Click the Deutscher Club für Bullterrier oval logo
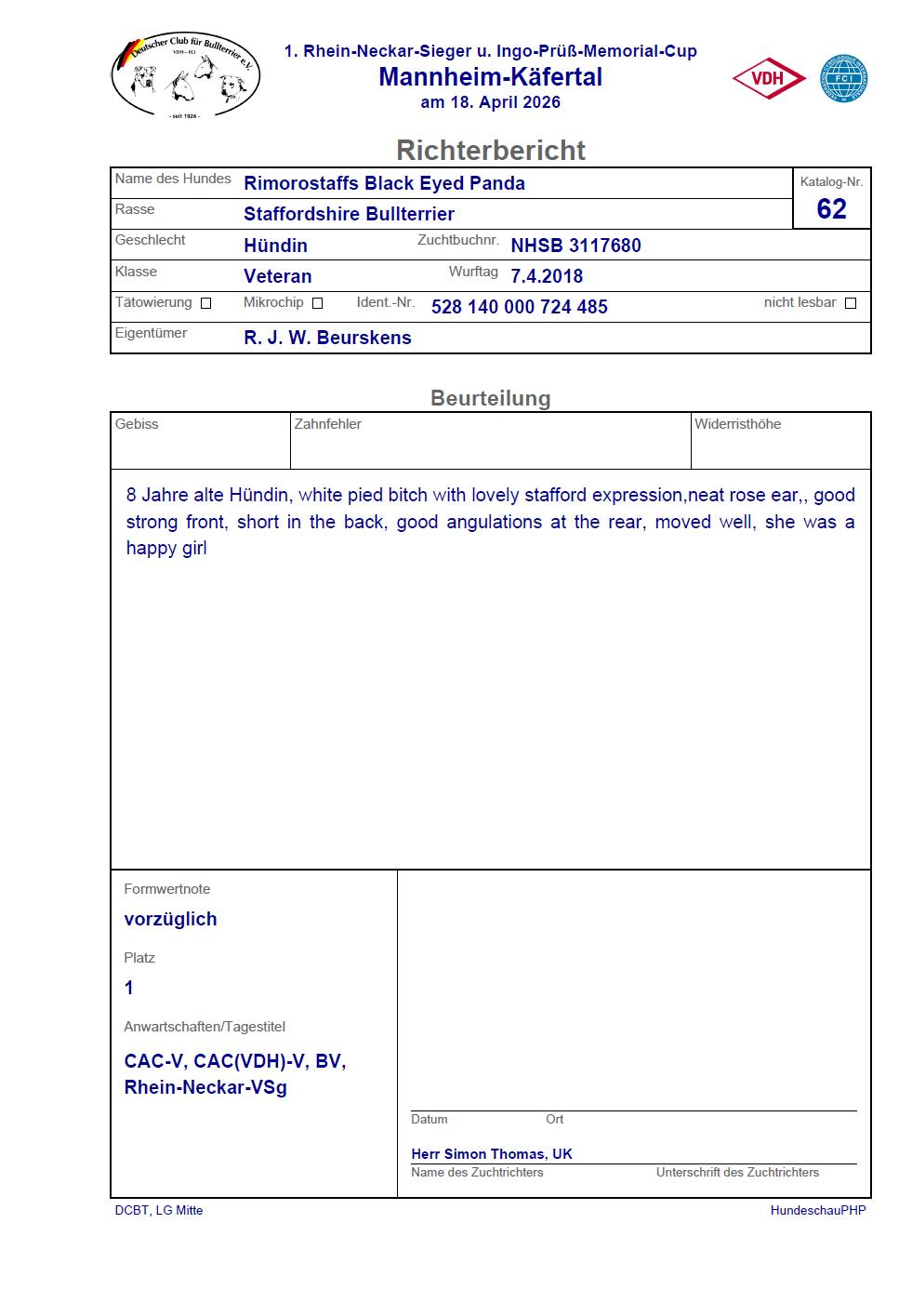tap(185, 77)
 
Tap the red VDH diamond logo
tap(769, 79)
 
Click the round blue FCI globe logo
tap(843, 79)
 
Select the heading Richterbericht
tap(490, 150)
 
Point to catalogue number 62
tap(831, 209)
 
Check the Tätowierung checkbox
tap(206, 303)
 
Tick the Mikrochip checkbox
tap(317, 303)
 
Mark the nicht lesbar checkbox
tap(850, 303)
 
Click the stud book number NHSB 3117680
tap(575, 246)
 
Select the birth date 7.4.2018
tap(547, 276)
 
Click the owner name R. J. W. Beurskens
tap(327, 338)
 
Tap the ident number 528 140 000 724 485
tap(519, 307)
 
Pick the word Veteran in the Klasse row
tap(277, 276)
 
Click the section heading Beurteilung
tap(490, 398)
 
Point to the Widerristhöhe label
tap(737, 424)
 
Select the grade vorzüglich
tap(170, 919)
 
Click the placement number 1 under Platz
tap(129, 988)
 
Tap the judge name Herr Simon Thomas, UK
tap(492, 1153)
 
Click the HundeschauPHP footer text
tap(817, 1210)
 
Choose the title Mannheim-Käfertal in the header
tap(490, 77)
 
